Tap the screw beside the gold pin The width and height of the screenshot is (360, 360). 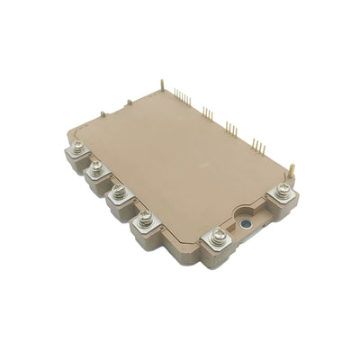(283, 188)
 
